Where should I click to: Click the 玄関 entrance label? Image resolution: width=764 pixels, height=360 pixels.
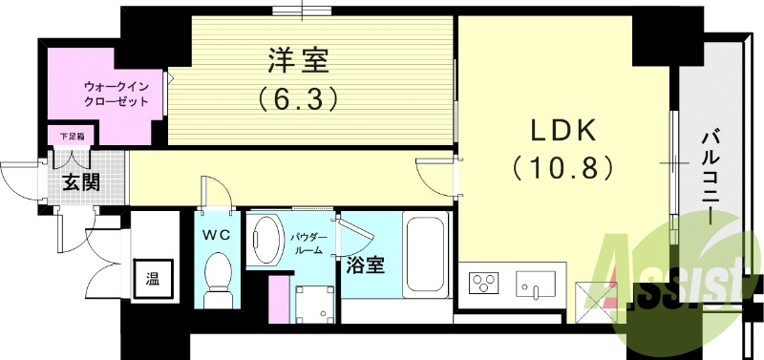(81, 182)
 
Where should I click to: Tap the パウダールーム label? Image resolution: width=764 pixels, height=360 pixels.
(307, 242)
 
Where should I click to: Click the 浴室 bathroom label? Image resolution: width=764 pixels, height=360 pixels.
(368, 265)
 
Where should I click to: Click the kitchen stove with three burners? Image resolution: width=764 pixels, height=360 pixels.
(484, 284)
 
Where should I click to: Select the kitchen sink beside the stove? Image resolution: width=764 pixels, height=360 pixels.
(537, 284)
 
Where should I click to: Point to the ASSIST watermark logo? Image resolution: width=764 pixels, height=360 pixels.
(678, 282)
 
